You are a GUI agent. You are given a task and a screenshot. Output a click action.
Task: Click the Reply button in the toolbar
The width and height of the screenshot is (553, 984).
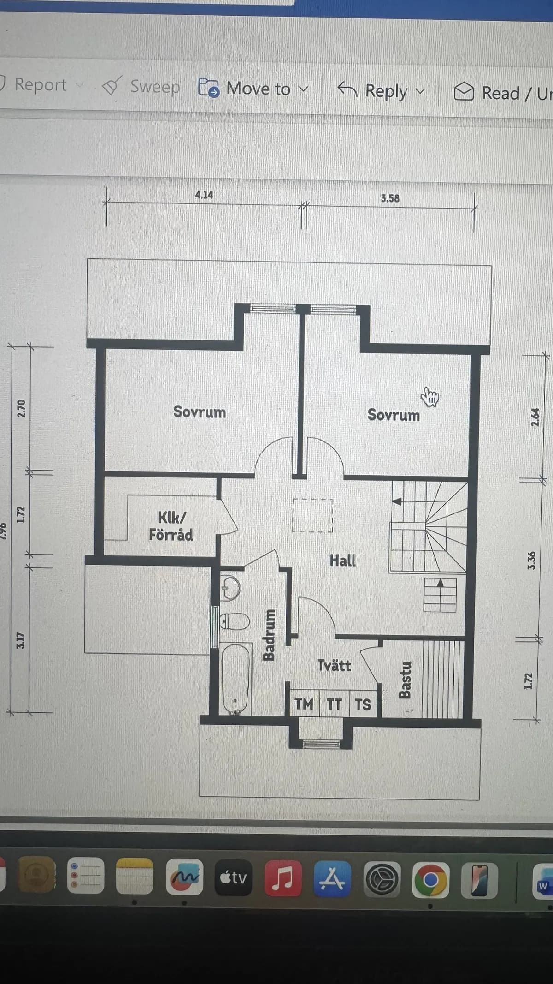[381, 90]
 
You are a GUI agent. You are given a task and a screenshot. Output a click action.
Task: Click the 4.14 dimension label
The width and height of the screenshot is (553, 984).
[204, 195]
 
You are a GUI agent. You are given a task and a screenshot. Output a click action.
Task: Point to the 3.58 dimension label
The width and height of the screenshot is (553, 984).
[390, 199]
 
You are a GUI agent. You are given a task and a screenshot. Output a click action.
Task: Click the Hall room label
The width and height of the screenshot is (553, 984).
[342, 561]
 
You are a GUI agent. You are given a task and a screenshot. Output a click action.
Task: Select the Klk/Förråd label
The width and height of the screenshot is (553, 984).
[171, 526]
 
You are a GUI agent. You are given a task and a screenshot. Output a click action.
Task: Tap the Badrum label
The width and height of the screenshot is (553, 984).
[269, 634]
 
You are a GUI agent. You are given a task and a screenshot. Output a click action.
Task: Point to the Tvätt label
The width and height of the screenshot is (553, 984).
[334, 665]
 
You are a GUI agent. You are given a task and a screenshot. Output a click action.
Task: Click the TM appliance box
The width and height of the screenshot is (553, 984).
[304, 704]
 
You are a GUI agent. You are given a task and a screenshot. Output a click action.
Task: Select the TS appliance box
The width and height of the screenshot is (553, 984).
[363, 704]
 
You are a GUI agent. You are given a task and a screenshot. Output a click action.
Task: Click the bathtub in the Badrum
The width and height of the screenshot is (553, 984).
[236, 678]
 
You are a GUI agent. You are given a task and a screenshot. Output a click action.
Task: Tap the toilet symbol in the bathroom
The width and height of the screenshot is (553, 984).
[235, 621]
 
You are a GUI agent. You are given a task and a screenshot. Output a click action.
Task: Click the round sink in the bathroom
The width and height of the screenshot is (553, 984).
[230, 588]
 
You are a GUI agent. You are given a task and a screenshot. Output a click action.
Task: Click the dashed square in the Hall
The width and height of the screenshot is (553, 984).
[312, 515]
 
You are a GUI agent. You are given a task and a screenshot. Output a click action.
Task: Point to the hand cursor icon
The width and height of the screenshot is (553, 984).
[430, 397]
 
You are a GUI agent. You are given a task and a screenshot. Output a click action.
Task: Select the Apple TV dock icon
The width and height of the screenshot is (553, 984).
[234, 877]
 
